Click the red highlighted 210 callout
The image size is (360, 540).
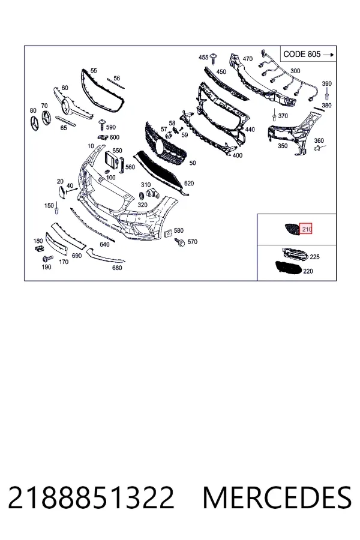point(306,229)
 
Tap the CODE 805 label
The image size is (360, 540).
point(302,55)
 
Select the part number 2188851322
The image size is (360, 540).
point(91,497)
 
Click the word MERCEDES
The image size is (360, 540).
point(278,497)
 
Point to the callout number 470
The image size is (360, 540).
point(248,59)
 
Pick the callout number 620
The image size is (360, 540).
point(189,184)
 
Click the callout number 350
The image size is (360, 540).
point(283,146)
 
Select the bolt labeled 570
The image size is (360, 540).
point(180,242)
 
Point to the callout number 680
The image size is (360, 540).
point(117,268)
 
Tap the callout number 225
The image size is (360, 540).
point(314,257)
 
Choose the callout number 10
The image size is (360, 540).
point(91,146)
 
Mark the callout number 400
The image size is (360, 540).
point(238,155)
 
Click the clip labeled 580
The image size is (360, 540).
point(169,234)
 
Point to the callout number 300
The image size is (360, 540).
point(295,71)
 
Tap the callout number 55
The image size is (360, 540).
point(94,71)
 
